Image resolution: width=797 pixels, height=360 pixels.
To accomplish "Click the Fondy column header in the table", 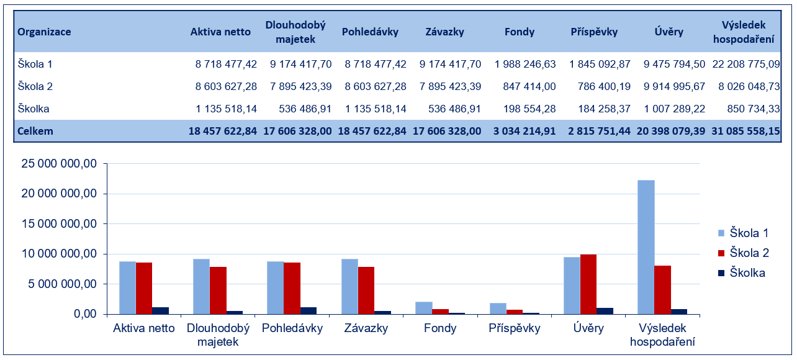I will (x=520, y=32).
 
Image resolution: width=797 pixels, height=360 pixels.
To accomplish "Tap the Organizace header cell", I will (x=44, y=32).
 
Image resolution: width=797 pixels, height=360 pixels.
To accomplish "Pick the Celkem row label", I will (x=35, y=131).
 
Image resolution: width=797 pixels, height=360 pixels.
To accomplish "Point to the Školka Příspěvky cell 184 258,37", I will (x=600, y=109).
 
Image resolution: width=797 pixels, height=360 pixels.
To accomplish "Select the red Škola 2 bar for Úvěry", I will (x=588, y=284).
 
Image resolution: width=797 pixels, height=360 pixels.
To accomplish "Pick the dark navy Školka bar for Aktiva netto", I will (x=161, y=310).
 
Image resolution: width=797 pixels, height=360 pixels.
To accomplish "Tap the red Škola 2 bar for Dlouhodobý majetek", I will (x=218, y=290).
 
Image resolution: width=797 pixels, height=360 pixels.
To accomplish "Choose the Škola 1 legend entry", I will (x=743, y=233).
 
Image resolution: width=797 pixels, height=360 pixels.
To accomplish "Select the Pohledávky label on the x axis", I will (x=292, y=328).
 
